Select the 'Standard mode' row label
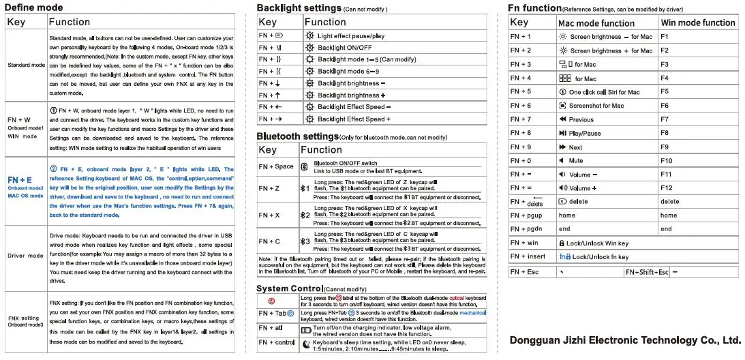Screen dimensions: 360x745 click(x=27, y=65)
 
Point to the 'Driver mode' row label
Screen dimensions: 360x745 click(x=26, y=256)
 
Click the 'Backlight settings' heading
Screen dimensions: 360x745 click(x=299, y=8)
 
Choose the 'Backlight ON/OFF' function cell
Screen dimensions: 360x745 click(x=344, y=48)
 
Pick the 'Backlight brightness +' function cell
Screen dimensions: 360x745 click(x=351, y=95)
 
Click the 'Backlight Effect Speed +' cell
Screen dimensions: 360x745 click(x=354, y=119)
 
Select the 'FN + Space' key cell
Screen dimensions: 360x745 click(x=276, y=166)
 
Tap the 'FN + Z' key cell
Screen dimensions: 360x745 click(x=270, y=188)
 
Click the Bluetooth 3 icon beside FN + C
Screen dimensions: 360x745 click(x=305, y=241)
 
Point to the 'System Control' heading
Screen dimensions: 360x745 click(x=289, y=288)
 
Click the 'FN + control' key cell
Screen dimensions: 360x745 click(x=276, y=343)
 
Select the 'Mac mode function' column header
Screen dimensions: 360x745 click(x=596, y=22)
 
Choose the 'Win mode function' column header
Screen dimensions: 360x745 click(x=698, y=22)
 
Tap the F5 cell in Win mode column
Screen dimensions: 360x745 click(x=665, y=91)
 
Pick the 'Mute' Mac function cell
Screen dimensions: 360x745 click(x=575, y=161)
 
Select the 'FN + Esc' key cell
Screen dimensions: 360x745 click(x=524, y=272)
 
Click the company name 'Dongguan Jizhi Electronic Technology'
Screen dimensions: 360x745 click(x=624, y=340)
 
